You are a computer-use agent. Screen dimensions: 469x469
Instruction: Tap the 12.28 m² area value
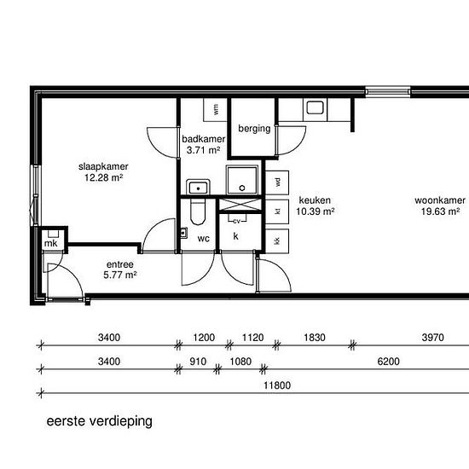coord(103,178)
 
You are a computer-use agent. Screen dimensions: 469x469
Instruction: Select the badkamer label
coord(203,139)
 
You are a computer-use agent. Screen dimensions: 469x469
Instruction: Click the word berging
coord(254,129)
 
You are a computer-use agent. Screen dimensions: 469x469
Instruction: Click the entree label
coord(120,264)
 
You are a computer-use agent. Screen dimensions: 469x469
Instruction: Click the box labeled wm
coord(216,109)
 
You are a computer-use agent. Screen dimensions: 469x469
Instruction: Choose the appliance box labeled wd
coord(277,181)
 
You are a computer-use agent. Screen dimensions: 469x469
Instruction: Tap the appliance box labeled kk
coord(277,241)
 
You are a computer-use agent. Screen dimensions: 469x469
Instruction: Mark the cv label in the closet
coord(236,220)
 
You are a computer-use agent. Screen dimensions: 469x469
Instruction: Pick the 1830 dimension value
coord(315,337)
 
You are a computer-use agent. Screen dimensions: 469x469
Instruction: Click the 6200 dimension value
coord(389,361)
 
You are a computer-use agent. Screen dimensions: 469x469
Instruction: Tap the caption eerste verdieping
coord(99,421)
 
